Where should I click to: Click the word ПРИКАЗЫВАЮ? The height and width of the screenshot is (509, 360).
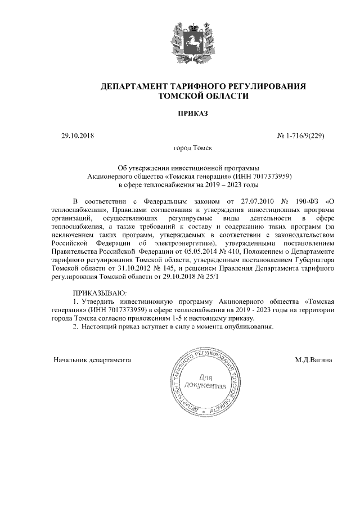point(100,293)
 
